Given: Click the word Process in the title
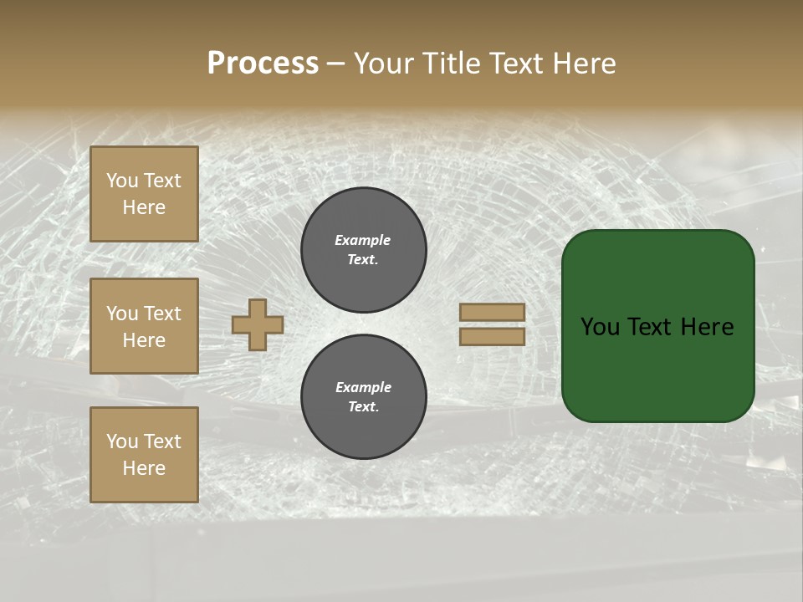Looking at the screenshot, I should click(263, 64).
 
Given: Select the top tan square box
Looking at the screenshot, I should click(144, 194).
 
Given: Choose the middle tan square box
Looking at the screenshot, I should click(144, 326).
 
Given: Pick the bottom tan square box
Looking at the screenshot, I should click(144, 454).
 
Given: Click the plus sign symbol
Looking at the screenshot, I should click(258, 324).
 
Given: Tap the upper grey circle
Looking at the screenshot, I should click(364, 250).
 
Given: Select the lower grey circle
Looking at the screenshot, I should click(364, 396).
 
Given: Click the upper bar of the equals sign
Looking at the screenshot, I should click(493, 312).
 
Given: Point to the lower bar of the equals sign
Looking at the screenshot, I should click(493, 336).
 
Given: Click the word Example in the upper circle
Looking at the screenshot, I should click(362, 240).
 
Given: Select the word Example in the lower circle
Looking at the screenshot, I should click(363, 387).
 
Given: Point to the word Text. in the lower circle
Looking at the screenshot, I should click(363, 407).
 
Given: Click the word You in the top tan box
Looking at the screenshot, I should click(121, 181).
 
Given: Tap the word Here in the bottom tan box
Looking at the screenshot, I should click(144, 468).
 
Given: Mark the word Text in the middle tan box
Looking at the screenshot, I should click(161, 314).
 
